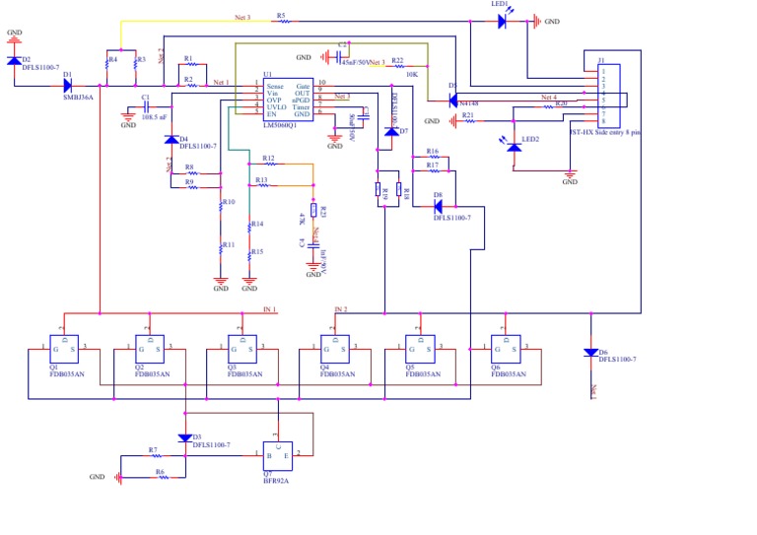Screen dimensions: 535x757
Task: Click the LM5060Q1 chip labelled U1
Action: click(287, 99)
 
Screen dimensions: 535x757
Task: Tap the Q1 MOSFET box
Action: click(64, 349)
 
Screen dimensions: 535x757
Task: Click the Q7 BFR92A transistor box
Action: click(277, 455)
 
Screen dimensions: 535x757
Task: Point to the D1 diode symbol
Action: click(68, 86)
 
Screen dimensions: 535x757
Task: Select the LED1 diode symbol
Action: click(502, 21)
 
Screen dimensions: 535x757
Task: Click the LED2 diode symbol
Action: click(514, 147)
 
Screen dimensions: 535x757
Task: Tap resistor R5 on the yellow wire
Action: click(282, 22)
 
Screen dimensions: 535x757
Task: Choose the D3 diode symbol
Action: click(184, 437)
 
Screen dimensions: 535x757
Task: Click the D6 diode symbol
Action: click(590, 352)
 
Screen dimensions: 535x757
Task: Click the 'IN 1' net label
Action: click(269, 309)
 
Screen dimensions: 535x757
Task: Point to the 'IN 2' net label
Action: click(340, 309)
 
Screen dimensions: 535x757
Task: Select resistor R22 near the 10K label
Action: click(398, 67)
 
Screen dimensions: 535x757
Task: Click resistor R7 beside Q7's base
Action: click(155, 456)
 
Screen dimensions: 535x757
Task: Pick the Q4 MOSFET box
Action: click(335, 349)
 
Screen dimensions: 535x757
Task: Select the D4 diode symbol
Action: click(172, 139)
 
